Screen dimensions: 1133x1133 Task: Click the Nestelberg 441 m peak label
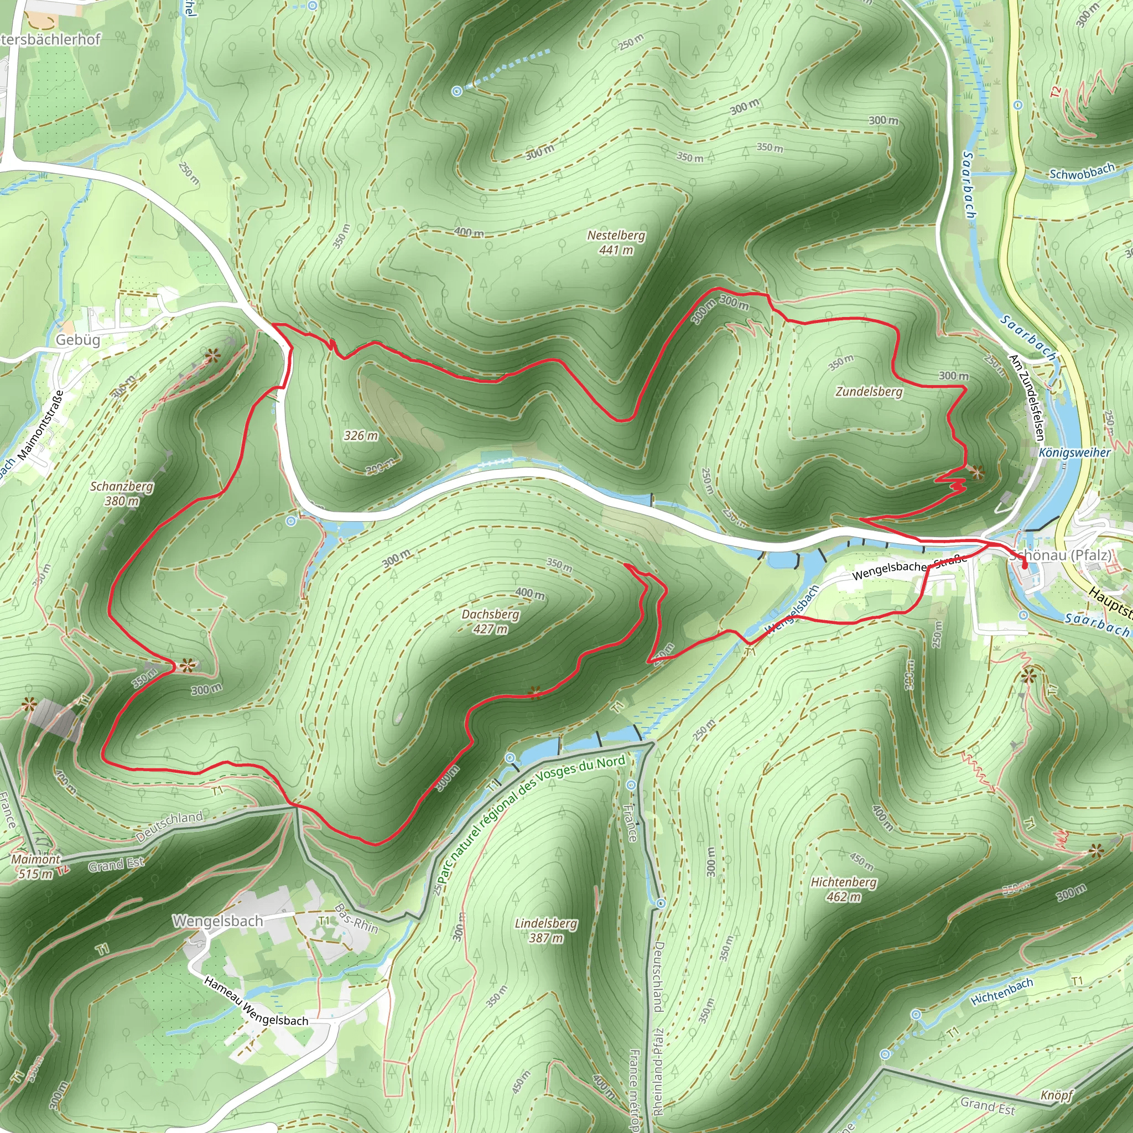tap(616, 242)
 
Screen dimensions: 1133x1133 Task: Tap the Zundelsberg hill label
tap(869, 391)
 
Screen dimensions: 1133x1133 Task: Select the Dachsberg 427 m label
tap(490, 621)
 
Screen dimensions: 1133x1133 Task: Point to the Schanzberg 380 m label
tap(122, 493)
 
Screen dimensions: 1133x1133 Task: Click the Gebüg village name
tap(77, 340)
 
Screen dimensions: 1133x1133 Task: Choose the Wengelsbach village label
tap(217, 921)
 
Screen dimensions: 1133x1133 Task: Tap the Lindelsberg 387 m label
tap(546, 930)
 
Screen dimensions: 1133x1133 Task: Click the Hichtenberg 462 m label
tap(844, 889)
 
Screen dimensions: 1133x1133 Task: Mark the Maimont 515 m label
tap(36, 866)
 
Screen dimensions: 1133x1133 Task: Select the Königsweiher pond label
tap(1074, 453)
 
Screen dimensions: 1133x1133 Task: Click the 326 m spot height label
tap(361, 435)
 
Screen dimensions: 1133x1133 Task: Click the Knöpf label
tap(1057, 1095)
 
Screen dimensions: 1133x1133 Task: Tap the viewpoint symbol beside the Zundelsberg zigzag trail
tap(976, 472)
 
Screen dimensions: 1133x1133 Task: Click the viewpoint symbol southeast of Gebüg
tap(212, 355)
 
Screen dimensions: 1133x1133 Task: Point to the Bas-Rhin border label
tap(356, 918)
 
